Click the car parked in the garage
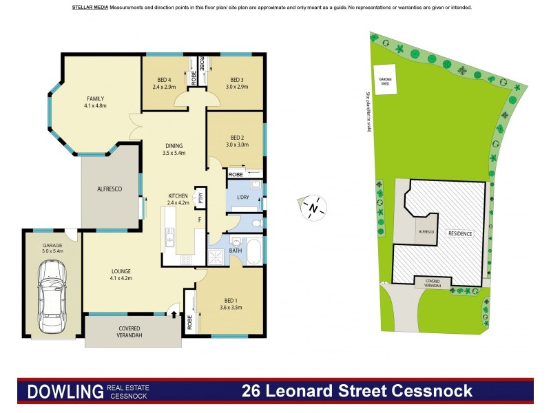[x=52, y=297]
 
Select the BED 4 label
[x=164, y=80]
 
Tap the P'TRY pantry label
[x=200, y=195]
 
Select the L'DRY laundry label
[x=242, y=198]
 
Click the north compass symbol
[x=313, y=206]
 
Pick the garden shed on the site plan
[x=383, y=76]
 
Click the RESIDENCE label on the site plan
[x=460, y=234]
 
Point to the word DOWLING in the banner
[x=64, y=392]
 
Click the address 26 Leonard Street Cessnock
[x=357, y=392]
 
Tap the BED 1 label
[x=232, y=299]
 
